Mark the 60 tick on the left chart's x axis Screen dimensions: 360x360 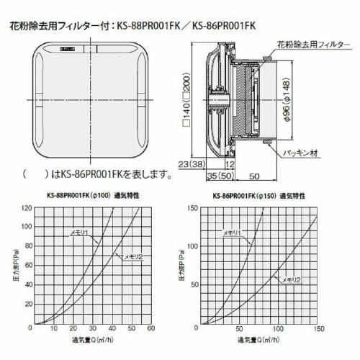coord(150,330)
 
